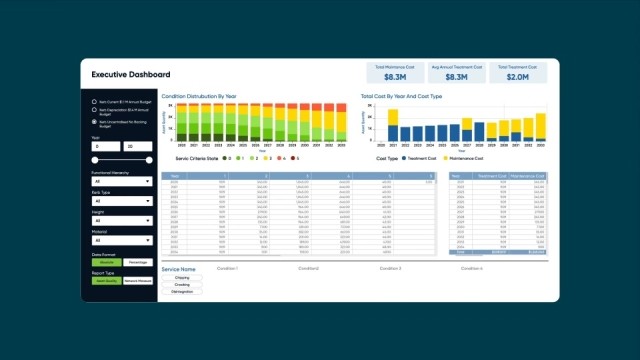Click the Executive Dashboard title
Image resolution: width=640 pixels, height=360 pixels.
coord(131,74)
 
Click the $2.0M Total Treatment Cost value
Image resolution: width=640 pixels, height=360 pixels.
coord(518,76)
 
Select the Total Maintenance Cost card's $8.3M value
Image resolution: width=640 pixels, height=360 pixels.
coord(395,76)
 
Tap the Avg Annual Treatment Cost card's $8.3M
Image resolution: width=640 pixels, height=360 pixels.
coord(457,76)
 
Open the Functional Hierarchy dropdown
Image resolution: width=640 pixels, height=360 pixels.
coord(120,181)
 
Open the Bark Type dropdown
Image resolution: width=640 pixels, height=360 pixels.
coord(120,201)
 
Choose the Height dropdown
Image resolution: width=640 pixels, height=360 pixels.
coord(120,221)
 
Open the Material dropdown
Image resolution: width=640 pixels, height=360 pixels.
coord(120,240)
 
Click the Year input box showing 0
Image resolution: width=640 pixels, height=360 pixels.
coord(105,146)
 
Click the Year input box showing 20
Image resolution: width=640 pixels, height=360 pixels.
coord(136,146)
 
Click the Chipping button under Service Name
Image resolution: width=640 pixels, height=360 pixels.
coord(182,278)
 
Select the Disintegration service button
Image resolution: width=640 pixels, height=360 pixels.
coord(182,291)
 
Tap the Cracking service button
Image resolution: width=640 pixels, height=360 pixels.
coord(182,284)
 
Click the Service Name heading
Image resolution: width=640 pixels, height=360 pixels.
coord(179,269)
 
